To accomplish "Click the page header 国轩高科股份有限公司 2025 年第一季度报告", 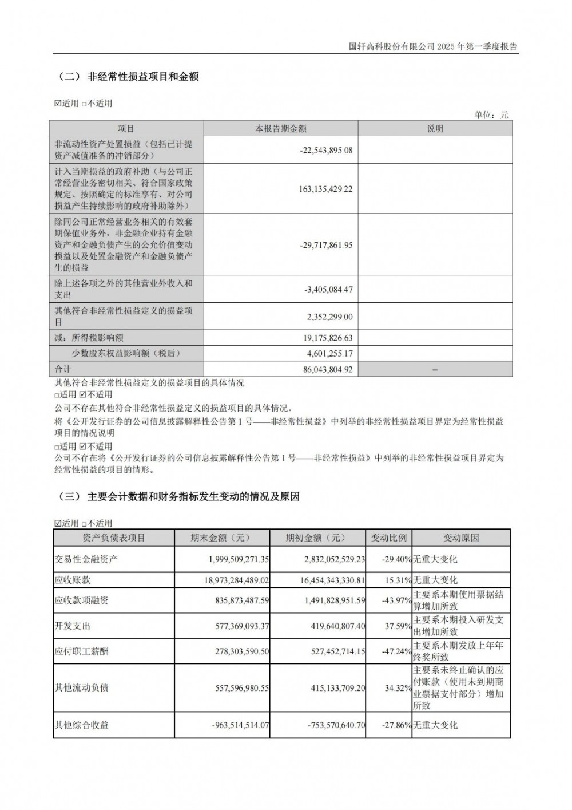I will click(433, 46).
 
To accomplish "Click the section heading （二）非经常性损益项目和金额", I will click(128, 76).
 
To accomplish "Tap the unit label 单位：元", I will click(491, 114).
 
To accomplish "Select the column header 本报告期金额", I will click(280, 129).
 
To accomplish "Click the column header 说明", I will click(435, 129).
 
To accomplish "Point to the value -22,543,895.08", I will click(326, 150).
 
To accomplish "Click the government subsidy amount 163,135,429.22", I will click(325, 188).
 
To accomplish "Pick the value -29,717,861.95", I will click(326, 244).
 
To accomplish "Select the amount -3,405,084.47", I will click(328, 289).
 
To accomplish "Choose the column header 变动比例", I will click(388, 538).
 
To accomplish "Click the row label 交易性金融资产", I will click(86, 559).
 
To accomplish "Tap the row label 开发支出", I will click(72, 626).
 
